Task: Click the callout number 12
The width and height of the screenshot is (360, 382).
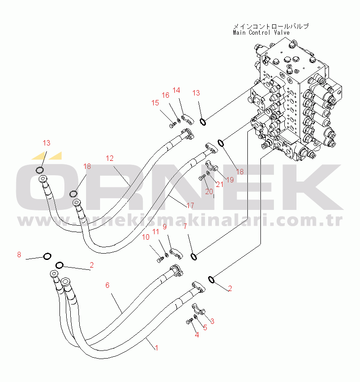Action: pos(110,158)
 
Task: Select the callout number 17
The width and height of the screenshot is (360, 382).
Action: pos(190,205)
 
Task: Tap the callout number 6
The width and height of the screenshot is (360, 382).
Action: pos(107,285)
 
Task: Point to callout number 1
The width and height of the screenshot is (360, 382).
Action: pos(156,348)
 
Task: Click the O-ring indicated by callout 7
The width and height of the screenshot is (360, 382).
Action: pos(194,257)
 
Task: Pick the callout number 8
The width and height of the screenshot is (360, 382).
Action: pos(19,255)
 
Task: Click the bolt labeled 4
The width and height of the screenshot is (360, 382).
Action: pos(188,321)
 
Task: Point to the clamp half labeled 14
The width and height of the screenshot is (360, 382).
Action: pos(187,118)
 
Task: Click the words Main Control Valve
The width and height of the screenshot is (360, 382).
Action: pos(261,32)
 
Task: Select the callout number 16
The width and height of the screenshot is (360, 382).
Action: pos(165,95)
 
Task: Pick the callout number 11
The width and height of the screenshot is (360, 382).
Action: pos(155,232)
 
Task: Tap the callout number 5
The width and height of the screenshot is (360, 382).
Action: pos(205,328)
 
